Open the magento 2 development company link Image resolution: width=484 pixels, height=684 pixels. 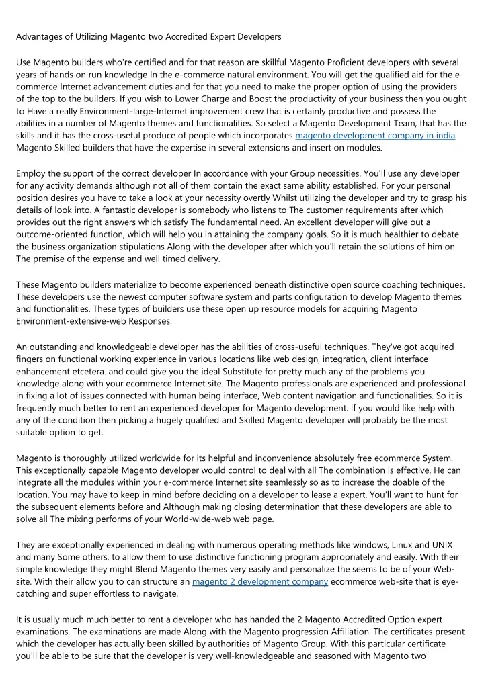(259, 581)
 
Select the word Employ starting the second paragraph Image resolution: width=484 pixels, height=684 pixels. (32, 173)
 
